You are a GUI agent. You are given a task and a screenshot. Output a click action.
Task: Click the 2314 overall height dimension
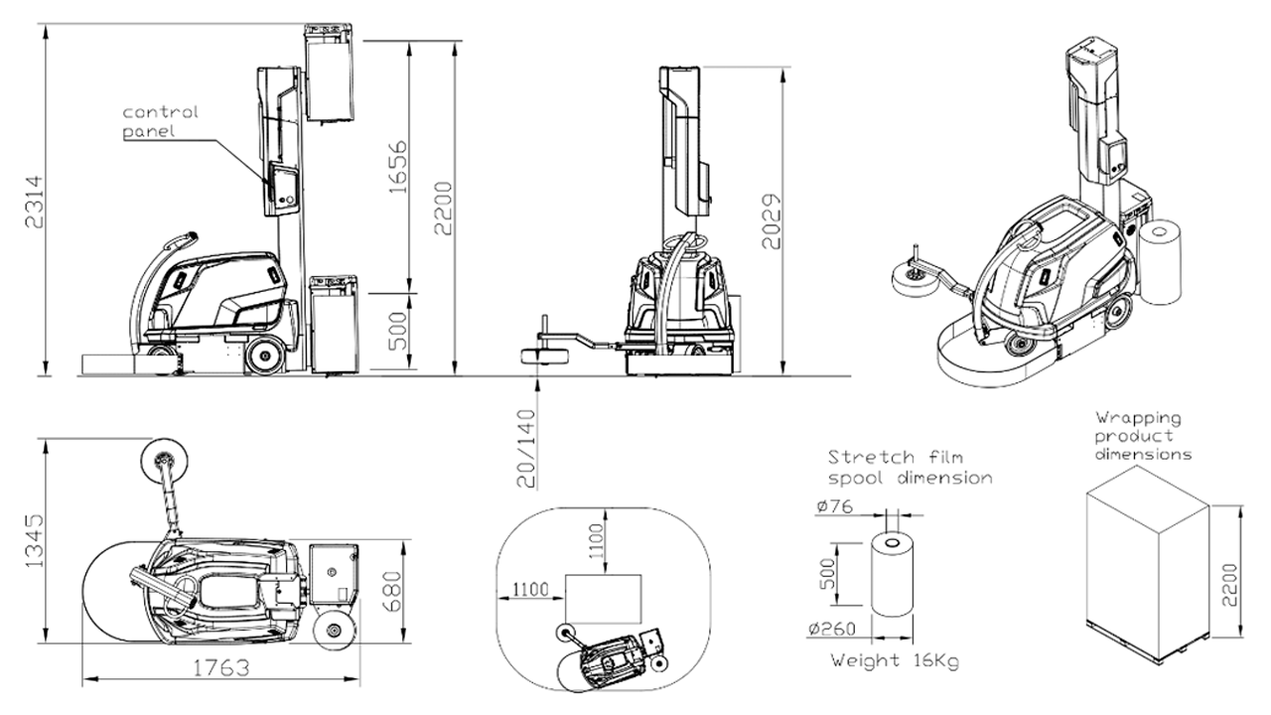[34, 203]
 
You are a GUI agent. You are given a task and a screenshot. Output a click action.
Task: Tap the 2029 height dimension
[772, 221]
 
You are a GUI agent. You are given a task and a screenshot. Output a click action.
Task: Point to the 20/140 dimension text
[526, 449]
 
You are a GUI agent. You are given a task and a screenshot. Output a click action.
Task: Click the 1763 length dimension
[221, 668]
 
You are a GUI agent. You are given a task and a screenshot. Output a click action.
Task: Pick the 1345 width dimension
[34, 541]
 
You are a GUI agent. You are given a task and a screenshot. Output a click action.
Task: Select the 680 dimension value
[392, 591]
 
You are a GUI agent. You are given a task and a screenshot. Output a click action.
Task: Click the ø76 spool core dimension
[835, 505]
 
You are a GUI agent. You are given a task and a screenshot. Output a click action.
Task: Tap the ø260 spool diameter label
[832, 629]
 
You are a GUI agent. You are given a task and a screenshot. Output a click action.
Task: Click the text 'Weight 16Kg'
[895, 660]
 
